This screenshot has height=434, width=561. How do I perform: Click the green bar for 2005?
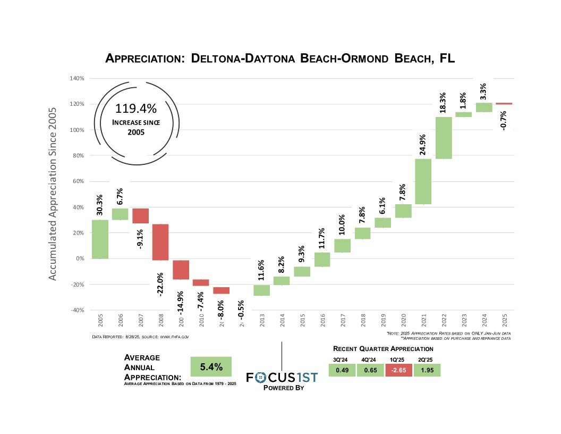click(x=100, y=239)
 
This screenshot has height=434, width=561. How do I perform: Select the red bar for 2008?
click(x=161, y=242)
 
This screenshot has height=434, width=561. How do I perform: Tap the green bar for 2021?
click(x=423, y=181)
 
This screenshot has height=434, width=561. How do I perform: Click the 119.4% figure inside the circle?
click(x=136, y=109)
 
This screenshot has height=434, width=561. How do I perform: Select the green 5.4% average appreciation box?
click(x=211, y=367)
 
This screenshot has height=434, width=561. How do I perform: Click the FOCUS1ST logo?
click(x=282, y=377)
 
